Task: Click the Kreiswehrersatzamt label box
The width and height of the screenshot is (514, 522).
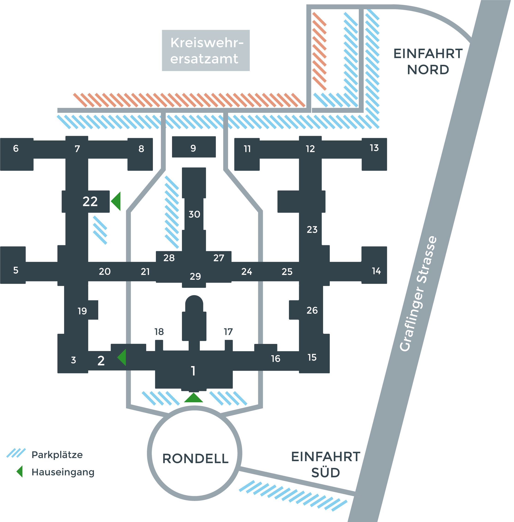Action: click(206, 51)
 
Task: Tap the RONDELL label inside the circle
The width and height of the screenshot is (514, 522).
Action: click(196, 459)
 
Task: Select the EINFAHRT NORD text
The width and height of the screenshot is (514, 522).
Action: click(428, 62)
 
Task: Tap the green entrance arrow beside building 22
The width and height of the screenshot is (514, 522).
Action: click(116, 201)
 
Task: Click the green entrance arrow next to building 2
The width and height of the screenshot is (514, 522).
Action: click(122, 357)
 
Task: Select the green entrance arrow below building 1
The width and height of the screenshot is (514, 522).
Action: click(193, 398)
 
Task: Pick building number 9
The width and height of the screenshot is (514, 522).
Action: click(193, 148)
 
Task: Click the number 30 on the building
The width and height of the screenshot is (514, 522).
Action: click(194, 214)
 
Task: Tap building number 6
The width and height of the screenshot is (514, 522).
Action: click(16, 148)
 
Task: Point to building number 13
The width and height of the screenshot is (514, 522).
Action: click(374, 148)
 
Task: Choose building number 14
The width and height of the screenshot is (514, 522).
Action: click(376, 271)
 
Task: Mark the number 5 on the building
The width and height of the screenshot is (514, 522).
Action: click(16, 270)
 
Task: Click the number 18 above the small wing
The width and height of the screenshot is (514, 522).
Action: click(159, 332)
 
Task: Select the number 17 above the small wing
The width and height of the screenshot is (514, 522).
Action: click(228, 332)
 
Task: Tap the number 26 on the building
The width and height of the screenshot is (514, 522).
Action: click(312, 310)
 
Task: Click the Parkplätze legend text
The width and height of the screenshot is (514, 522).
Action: click(57, 455)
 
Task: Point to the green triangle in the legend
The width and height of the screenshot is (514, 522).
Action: click(19, 472)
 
